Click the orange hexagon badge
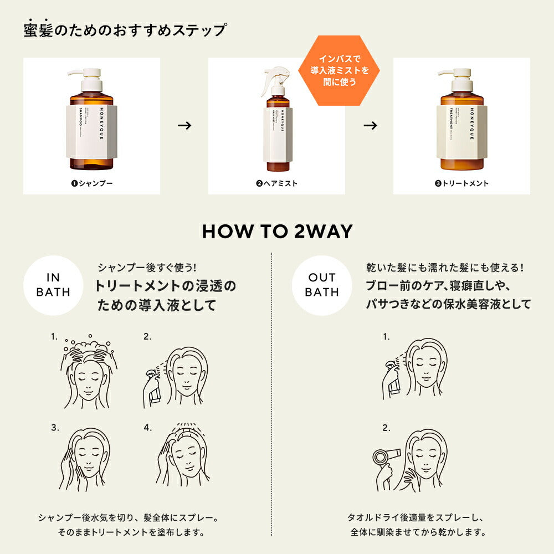333,71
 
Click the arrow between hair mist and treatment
370,126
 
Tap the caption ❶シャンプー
91,183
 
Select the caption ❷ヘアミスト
276,183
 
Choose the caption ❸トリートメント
461,183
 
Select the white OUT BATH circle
321,285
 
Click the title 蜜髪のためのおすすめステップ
125,30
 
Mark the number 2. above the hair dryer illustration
386,428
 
